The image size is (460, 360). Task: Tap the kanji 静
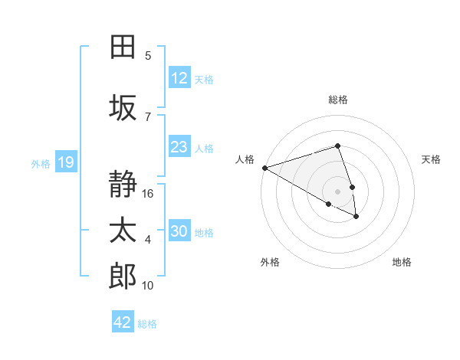coord(123,185)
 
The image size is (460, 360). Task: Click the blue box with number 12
coord(179,78)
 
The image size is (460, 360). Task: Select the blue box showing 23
coord(179,147)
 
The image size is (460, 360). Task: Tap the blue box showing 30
coord(179,231)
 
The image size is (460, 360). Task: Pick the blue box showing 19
coord(66,162)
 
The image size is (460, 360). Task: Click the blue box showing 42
coord(123,322)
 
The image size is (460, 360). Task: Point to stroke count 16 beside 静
coord(149,194)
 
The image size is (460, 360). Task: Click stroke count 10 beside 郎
coord(149,286)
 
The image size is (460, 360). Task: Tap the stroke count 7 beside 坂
coord(148,116)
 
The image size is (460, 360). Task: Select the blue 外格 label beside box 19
coord(41,163)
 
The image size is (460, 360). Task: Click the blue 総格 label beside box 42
coord(147,323)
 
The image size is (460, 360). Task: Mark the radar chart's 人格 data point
coord(264,168)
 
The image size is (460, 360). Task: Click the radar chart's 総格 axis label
coord(338,100)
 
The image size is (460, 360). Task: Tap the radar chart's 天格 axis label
coord(432,159)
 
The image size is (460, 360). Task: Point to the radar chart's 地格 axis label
coord(402,262)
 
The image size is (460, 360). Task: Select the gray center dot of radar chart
coord(337,190)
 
